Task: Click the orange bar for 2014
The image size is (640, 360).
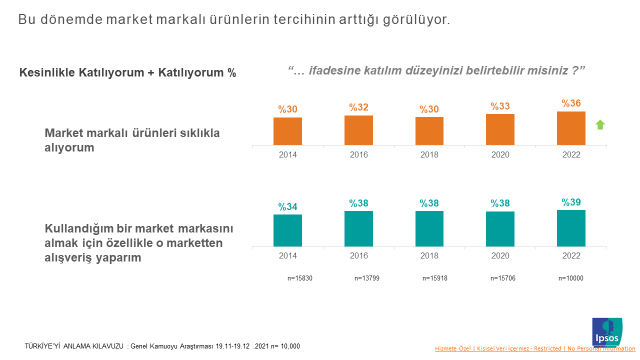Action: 288,132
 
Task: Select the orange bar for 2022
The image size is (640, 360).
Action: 571,129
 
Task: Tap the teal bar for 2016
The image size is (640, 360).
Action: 359,228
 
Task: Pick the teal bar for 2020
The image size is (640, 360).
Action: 500,228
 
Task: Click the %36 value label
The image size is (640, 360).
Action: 571,104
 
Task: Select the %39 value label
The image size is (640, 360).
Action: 571,202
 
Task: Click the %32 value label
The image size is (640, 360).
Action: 359,107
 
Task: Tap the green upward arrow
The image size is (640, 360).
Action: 600,124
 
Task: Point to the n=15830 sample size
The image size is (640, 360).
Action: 288,278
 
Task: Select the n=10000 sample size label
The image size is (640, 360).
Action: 571,278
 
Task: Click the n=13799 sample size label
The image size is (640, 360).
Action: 359,278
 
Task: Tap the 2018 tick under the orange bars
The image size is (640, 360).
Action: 430,155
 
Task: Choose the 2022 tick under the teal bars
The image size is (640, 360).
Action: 571,255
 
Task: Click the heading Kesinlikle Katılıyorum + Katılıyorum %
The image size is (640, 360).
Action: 128,72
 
